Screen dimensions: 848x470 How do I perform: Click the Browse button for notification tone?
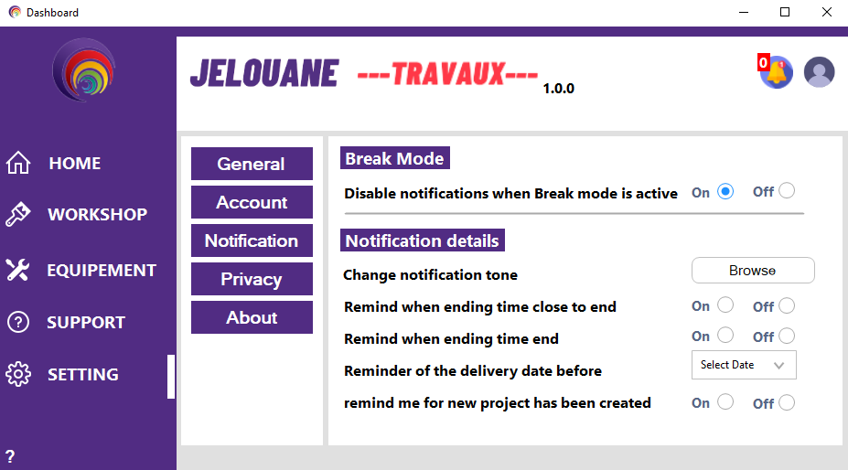coord(753,271)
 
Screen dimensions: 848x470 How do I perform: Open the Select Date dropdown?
coord(744,365)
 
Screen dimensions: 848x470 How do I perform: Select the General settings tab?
coord(252,164)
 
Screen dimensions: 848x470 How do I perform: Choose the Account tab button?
coord(252,202)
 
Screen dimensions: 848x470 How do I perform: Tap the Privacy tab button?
coord(252,279)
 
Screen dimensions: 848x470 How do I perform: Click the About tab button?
coord(252,317)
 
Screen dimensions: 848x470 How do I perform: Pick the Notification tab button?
coord(252,240)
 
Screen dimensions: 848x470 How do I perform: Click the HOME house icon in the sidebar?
coord(18,163)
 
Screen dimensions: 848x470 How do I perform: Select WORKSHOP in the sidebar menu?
coord(97,214)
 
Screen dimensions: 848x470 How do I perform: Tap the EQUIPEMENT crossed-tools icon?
coord(18,270)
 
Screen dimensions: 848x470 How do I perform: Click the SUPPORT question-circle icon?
coord(18,323)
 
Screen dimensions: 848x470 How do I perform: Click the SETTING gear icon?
coord(18,374)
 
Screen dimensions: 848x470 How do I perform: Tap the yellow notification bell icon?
coord(777,72)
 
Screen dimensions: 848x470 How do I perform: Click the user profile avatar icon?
coord(819,72)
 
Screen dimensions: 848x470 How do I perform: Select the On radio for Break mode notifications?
coord(725,191)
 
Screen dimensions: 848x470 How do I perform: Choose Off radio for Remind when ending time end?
coord(787,336)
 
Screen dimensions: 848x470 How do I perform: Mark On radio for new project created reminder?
coord(725,401)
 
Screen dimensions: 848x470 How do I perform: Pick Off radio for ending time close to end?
coord(787,305)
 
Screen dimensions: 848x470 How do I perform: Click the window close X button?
coord(826,12)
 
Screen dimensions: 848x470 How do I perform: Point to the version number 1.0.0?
coord(559,89)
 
